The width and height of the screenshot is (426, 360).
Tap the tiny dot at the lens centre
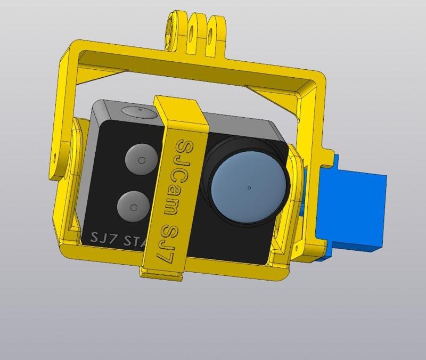249,187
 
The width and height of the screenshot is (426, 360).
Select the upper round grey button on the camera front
141,159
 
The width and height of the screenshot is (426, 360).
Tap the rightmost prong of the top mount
215,29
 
